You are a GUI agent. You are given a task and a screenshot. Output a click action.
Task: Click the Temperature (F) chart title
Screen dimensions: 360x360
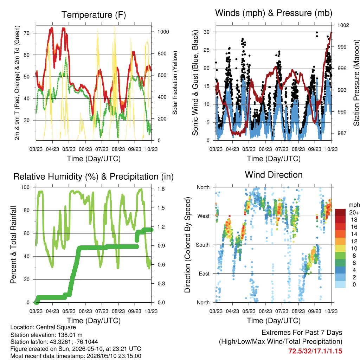(x=94, y=15)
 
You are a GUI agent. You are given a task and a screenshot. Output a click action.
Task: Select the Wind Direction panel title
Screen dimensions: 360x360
(x=274, y=175)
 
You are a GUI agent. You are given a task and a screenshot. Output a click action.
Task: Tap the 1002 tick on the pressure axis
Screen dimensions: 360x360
(x=343, y=25)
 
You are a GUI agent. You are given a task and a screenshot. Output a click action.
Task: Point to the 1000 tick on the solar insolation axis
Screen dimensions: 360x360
(x=163, y=32)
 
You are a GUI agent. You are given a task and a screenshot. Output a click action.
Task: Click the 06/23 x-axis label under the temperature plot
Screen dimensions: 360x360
(x=85, y=149)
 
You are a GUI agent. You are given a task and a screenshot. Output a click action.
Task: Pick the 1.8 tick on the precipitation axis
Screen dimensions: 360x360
(x=161, y=189)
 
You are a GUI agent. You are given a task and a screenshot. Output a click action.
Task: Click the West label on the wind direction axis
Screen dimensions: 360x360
(x=204, y=216)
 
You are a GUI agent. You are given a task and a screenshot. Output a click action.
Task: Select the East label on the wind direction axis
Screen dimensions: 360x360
(x=204, y=274)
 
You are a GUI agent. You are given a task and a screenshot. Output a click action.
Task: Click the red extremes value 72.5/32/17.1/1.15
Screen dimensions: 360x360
(x=315, y=351)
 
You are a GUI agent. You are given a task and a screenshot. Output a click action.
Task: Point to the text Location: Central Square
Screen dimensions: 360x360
(x=43, y=327)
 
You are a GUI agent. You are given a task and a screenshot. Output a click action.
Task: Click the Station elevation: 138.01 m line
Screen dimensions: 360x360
(x=46, y=335)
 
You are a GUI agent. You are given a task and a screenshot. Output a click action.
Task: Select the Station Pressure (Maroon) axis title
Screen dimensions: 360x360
(x=356, y=83)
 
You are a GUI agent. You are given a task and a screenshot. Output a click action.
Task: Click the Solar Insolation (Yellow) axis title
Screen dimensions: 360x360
(x=175, y=83)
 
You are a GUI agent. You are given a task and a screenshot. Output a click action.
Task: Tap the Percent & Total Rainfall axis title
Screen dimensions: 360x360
(x=14, y=245)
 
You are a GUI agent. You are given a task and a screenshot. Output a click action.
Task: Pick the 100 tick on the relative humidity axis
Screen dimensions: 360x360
(x=25, y=187)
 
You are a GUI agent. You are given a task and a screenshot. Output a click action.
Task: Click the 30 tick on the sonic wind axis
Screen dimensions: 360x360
(x=207, y=32)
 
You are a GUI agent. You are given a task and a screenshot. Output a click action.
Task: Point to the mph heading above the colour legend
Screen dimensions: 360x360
(x=354, y=205)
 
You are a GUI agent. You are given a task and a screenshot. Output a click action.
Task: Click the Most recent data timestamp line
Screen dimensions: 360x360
(x=76, y=356)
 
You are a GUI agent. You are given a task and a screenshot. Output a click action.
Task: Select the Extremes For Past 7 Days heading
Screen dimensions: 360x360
(x=302, y=333)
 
